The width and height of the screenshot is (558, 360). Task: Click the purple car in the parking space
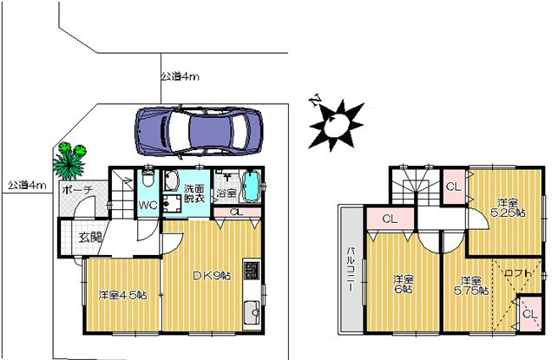[x=199, y=131]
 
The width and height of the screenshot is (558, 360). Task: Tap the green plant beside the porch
[x=70, y=160]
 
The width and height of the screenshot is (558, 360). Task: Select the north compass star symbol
[x=335, y=123]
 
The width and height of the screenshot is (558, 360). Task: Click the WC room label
[x=148, y=206]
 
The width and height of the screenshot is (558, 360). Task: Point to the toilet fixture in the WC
[x=147, y=177]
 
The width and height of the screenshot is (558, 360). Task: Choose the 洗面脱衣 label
[x=194, y=193]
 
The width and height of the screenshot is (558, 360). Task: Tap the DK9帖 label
[x=212, y=275]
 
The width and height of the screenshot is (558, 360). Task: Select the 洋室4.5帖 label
[x=122, y=295]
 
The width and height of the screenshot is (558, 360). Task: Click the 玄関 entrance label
[x=90, y=237]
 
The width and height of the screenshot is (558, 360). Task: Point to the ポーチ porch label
[x=77, y=190]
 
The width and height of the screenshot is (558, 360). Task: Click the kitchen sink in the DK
[x=252, y=312]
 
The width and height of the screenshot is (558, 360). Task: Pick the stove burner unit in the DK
[x=252, y=271]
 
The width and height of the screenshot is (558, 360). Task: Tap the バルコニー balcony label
[x=351, y=269]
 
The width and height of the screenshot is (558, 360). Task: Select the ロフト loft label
[x=518, y=273]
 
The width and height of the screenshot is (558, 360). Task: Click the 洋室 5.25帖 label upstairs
[x=508, y=208]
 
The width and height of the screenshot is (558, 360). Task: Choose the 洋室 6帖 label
[x=404, y=285]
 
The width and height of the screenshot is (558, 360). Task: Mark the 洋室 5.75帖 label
[x=471, y=285]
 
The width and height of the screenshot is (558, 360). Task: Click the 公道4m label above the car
[x=180, y=76]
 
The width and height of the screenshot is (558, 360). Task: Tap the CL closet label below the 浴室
[x=236, y=212]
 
